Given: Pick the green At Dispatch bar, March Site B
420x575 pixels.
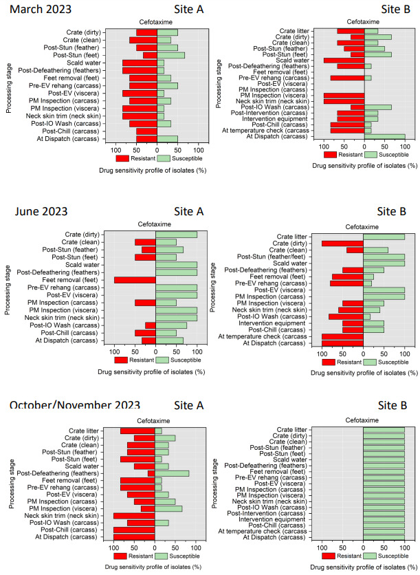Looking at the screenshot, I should (x=384, y=136).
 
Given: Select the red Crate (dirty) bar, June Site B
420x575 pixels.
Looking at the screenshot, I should (x=342, y=243).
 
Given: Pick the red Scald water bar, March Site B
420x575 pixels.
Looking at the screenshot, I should (x=344, y=60).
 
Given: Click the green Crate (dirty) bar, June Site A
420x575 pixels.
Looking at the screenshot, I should (x=177, y=235).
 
